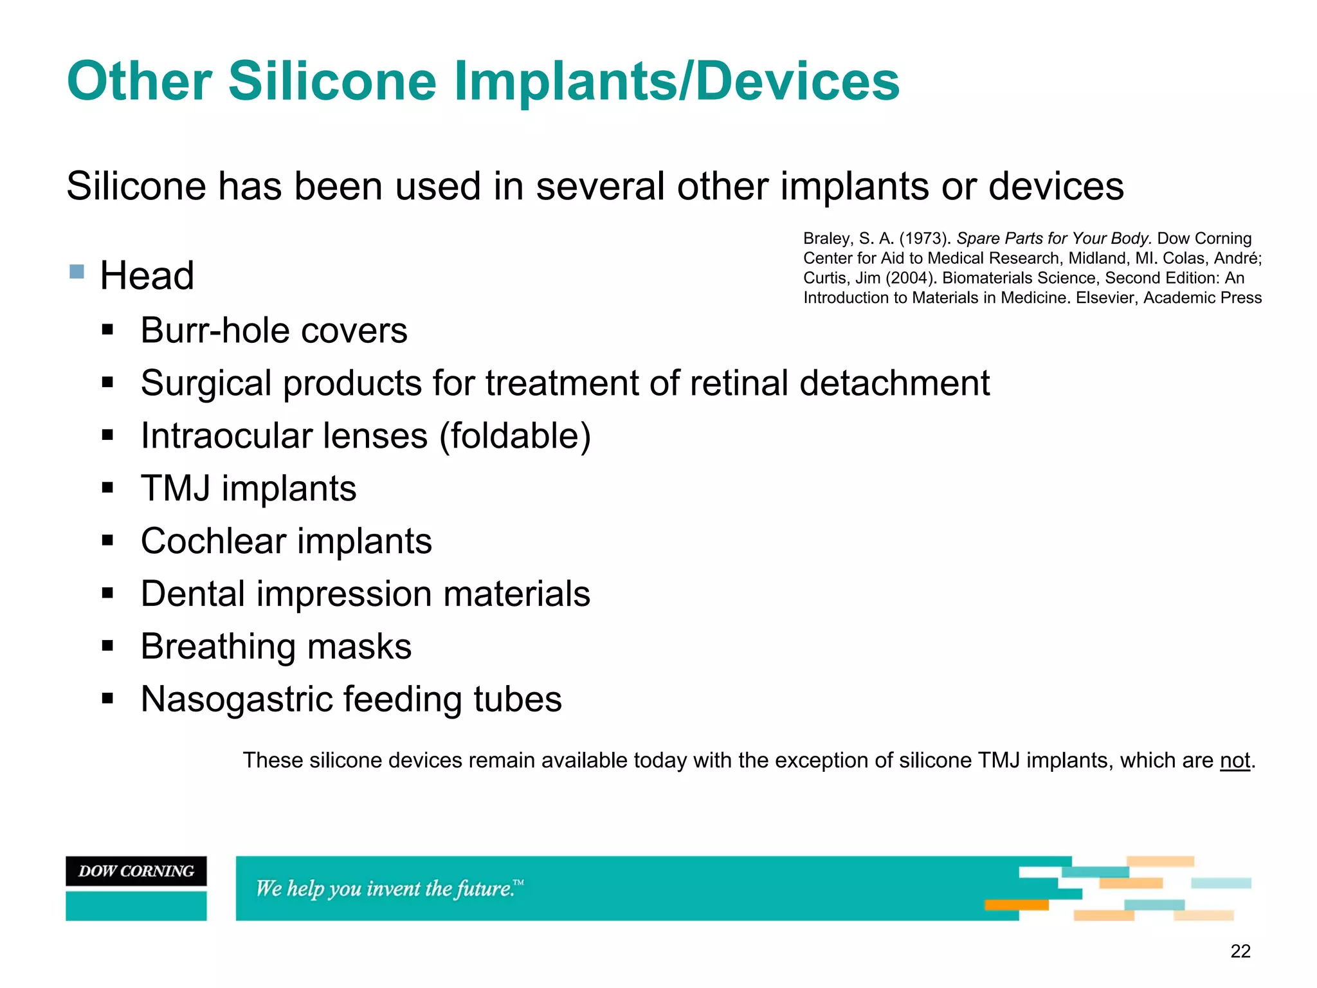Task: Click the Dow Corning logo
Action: coord(136,871)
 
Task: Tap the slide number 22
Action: coord(1240,951)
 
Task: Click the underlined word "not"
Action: coord(1235,760)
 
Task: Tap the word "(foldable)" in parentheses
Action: coord(514,436)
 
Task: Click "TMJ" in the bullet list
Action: coord(176,488)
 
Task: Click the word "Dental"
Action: coord(193,594)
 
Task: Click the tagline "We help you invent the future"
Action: coord(389,888)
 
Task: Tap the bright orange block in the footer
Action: coord(1016,905)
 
